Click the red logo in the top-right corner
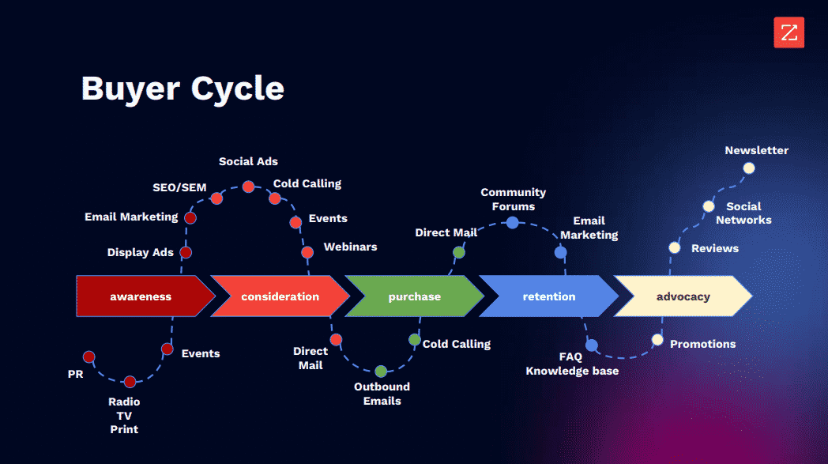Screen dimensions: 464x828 click(x=788, y=33)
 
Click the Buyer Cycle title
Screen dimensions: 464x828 click(x=183, y=88)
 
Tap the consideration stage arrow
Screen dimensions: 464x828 click(x=280, y=296)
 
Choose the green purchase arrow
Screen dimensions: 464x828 click(x=414, y=296)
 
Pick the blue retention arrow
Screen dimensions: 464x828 click(x=548, y=296)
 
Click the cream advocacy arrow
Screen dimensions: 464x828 click(x=683, y=296)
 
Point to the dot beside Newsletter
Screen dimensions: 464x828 click(x=749, y=168)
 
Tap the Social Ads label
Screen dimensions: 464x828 click(x=248, y=161)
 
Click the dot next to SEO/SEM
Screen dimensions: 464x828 click(x=216, y=198)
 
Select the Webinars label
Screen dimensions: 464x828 click(x=350, y=247)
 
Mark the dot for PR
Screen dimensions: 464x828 click(x=88, y=356)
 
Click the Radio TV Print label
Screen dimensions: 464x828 click(x=124, y=415)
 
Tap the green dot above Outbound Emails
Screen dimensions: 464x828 click(x=381, y=371)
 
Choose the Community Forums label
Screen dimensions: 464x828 click(x=513, y=199)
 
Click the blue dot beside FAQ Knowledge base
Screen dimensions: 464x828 click(x=592, y=345)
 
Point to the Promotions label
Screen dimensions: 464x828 click(x=702, y=344)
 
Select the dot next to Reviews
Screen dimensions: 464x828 click(x=674, y=247)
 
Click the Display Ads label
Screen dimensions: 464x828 click(x=140, y=252)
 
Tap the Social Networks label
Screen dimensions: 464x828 click(x=743, y=213)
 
